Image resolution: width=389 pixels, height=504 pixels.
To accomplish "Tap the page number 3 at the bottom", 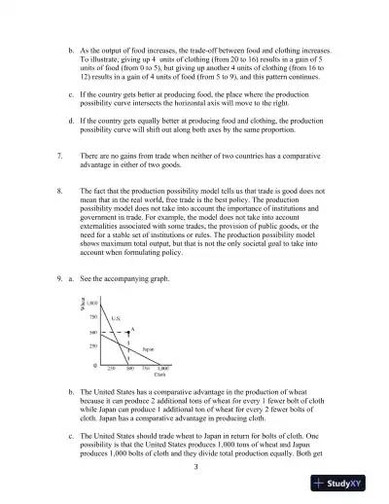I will tap(194, 468).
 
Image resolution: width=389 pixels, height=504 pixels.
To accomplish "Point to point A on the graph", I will tap(132, 329).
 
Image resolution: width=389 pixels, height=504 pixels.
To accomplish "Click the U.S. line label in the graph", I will tap(115, 318).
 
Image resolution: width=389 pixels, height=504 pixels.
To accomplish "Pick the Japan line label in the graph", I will tap(148, 348).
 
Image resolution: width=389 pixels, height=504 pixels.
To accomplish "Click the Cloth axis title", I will tap(160, 376).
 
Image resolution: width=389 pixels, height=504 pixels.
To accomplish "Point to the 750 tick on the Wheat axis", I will tap(93, 317).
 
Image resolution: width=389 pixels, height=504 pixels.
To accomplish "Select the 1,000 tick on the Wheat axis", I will tap(93, 305).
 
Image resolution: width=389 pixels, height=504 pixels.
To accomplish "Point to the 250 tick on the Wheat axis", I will tap(93, 345).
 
